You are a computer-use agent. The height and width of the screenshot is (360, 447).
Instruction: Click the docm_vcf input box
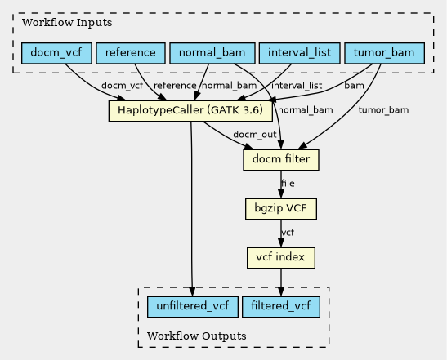(56, 53)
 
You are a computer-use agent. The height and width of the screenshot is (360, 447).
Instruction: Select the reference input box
(131, 53)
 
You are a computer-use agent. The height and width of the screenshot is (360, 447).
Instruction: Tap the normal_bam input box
(212, 53)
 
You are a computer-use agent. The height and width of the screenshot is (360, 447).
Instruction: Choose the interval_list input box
(299, 53)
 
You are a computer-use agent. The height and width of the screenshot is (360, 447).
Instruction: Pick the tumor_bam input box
(384, 53)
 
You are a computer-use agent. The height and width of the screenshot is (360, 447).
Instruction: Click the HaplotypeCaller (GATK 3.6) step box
(190, 110)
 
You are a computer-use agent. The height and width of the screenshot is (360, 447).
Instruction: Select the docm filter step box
(281, 160)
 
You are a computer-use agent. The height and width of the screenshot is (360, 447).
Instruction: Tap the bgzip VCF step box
(281, 209)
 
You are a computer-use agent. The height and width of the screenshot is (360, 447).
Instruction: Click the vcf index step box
(281, 258)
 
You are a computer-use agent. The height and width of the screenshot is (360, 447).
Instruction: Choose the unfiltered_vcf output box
(193, 307)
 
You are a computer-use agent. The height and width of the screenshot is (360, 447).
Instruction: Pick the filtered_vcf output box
(281, 307)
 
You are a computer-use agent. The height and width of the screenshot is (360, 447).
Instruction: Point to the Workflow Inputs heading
(67, 23)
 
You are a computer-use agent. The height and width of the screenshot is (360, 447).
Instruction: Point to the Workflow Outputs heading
(197, 336)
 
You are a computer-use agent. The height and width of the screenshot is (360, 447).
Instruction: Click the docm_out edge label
(255, 135)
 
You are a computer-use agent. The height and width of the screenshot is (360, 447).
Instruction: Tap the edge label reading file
(288, 184)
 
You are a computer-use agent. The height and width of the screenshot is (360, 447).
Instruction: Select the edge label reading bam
(354, 86)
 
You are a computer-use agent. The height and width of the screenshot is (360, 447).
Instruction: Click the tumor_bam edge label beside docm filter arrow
(383, 110)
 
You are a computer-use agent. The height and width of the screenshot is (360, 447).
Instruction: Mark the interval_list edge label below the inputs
(297, 86)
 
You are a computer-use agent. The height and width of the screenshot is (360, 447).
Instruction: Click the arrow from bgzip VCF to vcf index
(281, 233)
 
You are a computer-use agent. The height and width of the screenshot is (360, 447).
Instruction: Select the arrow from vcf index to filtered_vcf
(281, 282)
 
